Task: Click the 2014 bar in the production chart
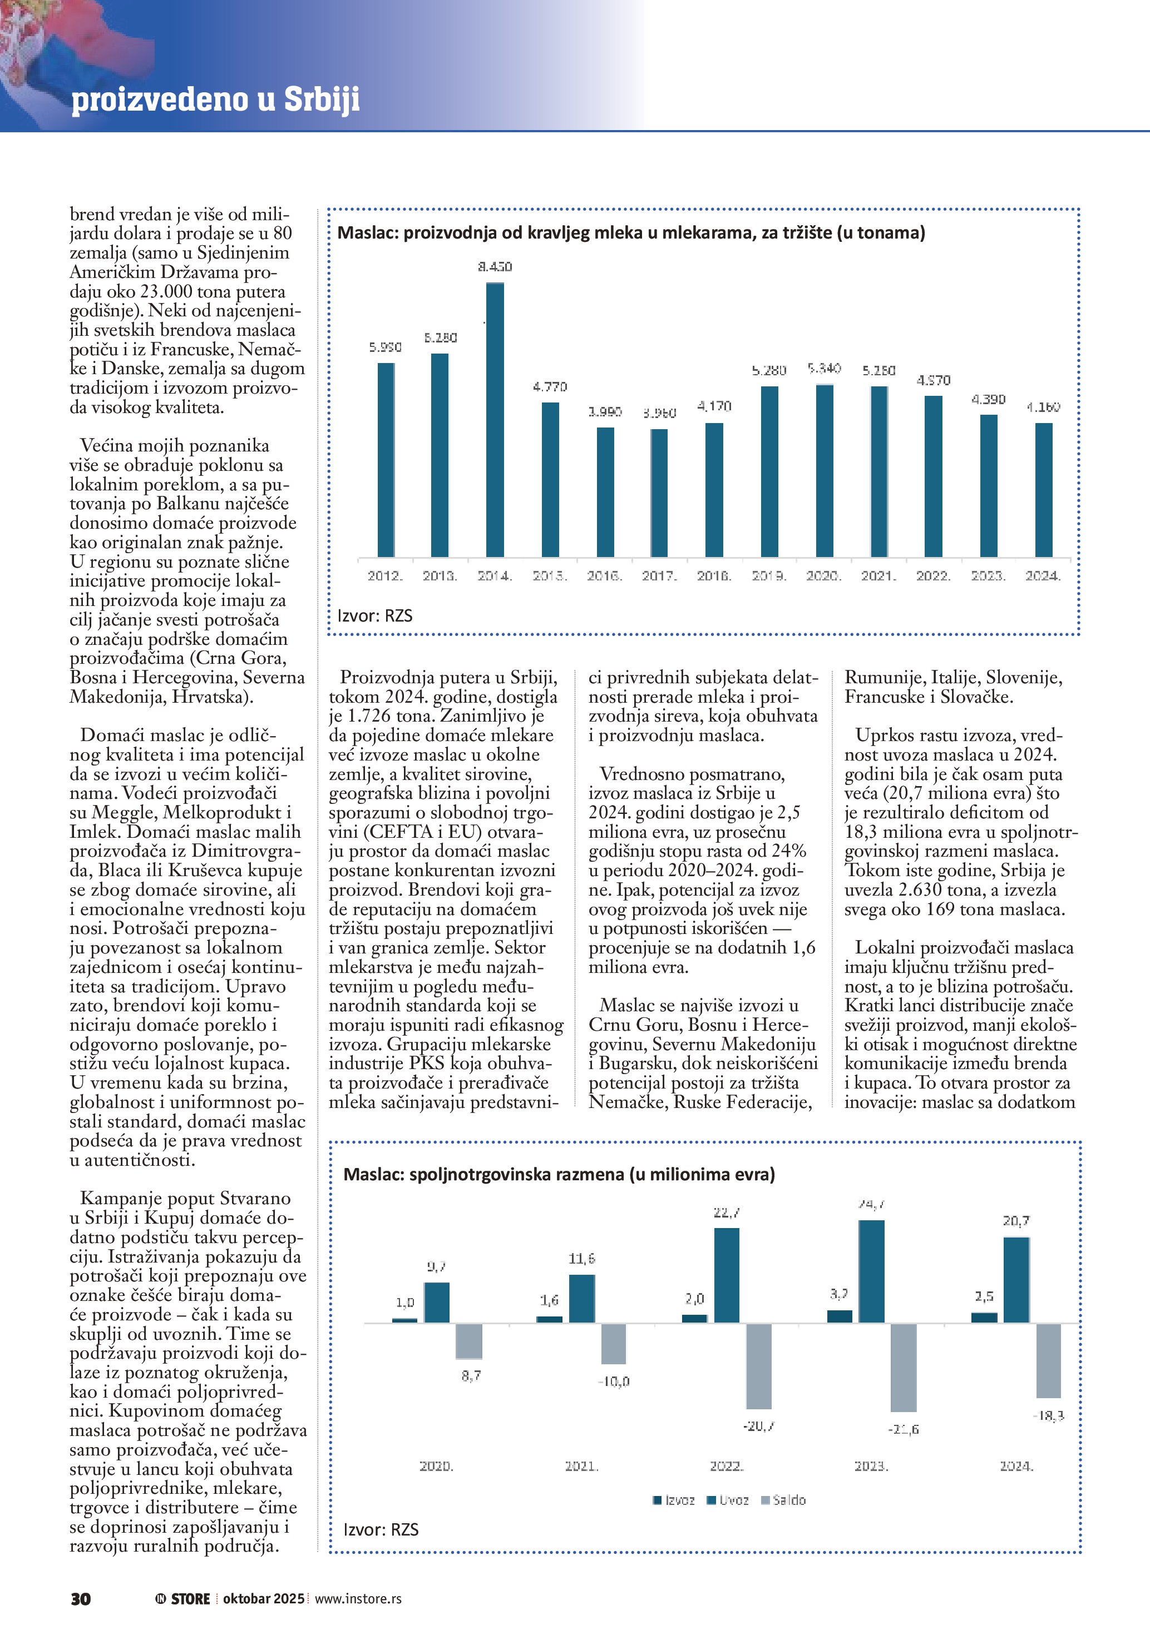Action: pos(495,419)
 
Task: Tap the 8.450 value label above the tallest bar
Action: pos(495,267)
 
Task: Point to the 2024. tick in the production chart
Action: pos(1043,576)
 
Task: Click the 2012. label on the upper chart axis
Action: pos(385,576)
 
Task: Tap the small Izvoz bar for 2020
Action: pos(405,1320)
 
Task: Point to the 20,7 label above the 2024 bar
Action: pos(1016,1221)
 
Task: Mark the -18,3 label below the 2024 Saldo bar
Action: pos(1048,1415)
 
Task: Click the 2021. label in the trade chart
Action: pos(581,1466)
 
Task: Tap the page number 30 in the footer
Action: pos(81,1599)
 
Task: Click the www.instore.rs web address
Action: pos(358,1599)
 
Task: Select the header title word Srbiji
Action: pos(322,99)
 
